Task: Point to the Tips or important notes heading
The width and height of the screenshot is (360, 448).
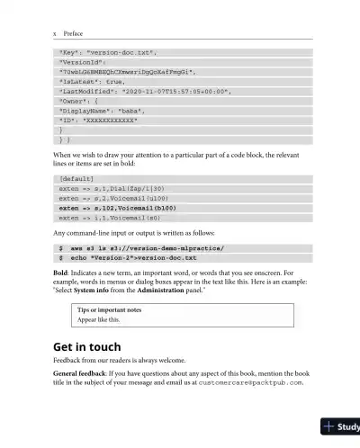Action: tap(109, 310)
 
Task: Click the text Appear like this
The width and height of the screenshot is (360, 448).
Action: tap(99, 320)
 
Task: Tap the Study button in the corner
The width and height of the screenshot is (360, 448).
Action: tap(341, 427)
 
